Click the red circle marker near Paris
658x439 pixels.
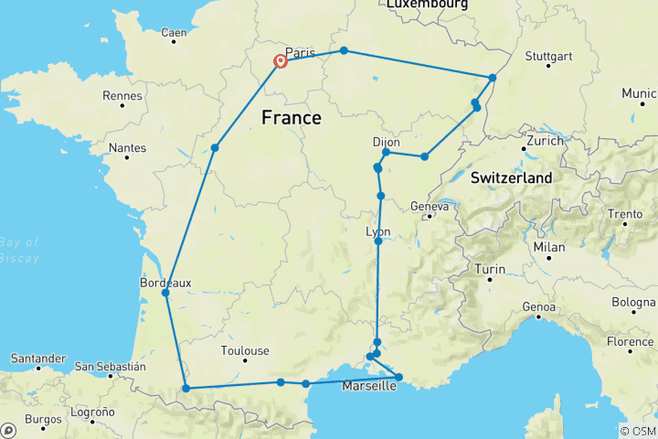pos(281,61)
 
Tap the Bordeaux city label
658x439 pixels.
pos(165,283)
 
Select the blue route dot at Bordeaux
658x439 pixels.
pos(165,293)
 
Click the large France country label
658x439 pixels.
pos(292,118)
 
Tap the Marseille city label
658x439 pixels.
pos(368,386)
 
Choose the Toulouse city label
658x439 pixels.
pos(245,350)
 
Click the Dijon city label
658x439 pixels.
pos(387,142)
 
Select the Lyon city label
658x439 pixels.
pos(378,232)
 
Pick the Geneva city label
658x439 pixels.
pos(430,207)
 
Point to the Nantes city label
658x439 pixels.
pos(126,147)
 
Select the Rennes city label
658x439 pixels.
pos(122,96)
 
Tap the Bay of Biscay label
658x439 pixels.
pos(19,250)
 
